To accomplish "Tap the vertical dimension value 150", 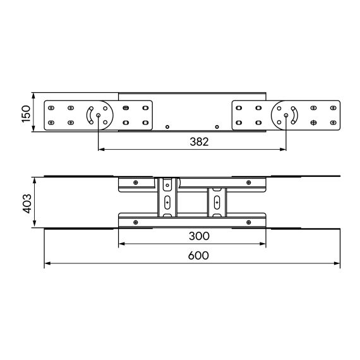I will coord(26,114).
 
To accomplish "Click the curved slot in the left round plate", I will coord(90,115).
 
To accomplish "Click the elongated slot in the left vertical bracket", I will coord(167,202).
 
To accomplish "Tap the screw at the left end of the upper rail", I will coord(135,183).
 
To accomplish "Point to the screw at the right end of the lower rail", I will coord(249,222).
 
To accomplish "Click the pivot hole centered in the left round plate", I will coord(99,115).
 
